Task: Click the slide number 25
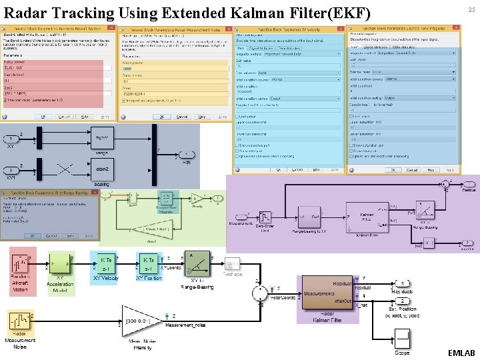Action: (471, 10)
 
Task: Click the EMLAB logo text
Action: (461, 353)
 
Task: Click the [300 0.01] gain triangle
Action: (141, 321)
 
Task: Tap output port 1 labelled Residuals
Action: (404, 283)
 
